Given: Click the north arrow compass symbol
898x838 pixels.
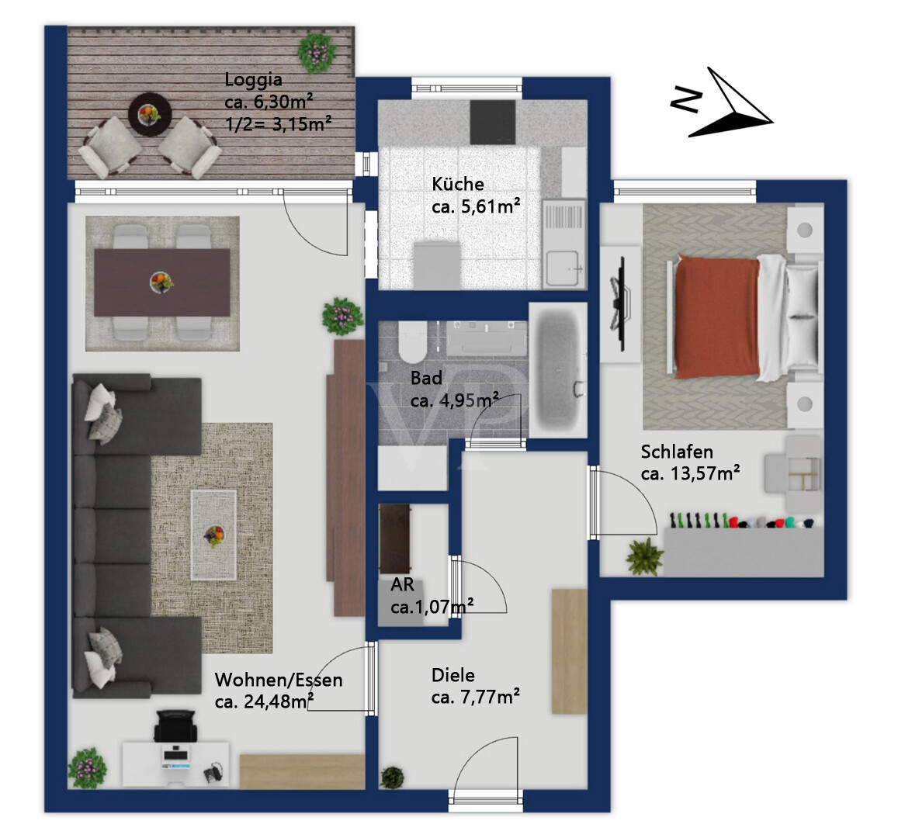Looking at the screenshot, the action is pyautogui.click(x=722, y=104).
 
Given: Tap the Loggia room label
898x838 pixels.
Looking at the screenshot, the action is pyautogui.click(x=253, y=80).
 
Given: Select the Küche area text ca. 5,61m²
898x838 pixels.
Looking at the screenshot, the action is pyautogui.click(x=476, y=206).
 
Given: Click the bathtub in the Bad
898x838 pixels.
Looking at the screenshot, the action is pyautogui.click(x=558, y=371).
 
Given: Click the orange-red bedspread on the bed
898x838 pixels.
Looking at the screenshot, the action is pyautogui.click(x=718, y=317).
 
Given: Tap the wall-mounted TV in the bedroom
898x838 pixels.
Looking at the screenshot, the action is pyautogui.click(x=619, y=304).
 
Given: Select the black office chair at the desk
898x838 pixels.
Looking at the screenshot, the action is pyautogui.click(x=175, y=725).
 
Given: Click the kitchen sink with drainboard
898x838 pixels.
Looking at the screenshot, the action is pyautogui.click(x=563, y=244).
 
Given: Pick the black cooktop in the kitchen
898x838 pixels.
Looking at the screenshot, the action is pyautogui.click(x=493, y=122).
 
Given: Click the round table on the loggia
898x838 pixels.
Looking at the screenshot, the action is pyautogui.click(x=150, y=115).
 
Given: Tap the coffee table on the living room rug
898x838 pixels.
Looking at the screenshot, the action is pyautogui.click(x=213, y=535).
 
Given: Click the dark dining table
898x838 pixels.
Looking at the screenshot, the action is pyautogui.click(x=162, y=282).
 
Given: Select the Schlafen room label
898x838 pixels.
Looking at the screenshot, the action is pyautogui.click(x=677, y=452).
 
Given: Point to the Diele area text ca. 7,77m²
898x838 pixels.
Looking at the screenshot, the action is pyautogui.click(x=476, y=698).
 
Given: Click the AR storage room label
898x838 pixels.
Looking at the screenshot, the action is pyautogui.click(x=402, y=584).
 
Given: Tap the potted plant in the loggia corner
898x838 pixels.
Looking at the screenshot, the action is pyautogui.click(x=316, y=53).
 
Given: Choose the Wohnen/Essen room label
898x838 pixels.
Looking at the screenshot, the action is pyautogui.click(x=279, y=680).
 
